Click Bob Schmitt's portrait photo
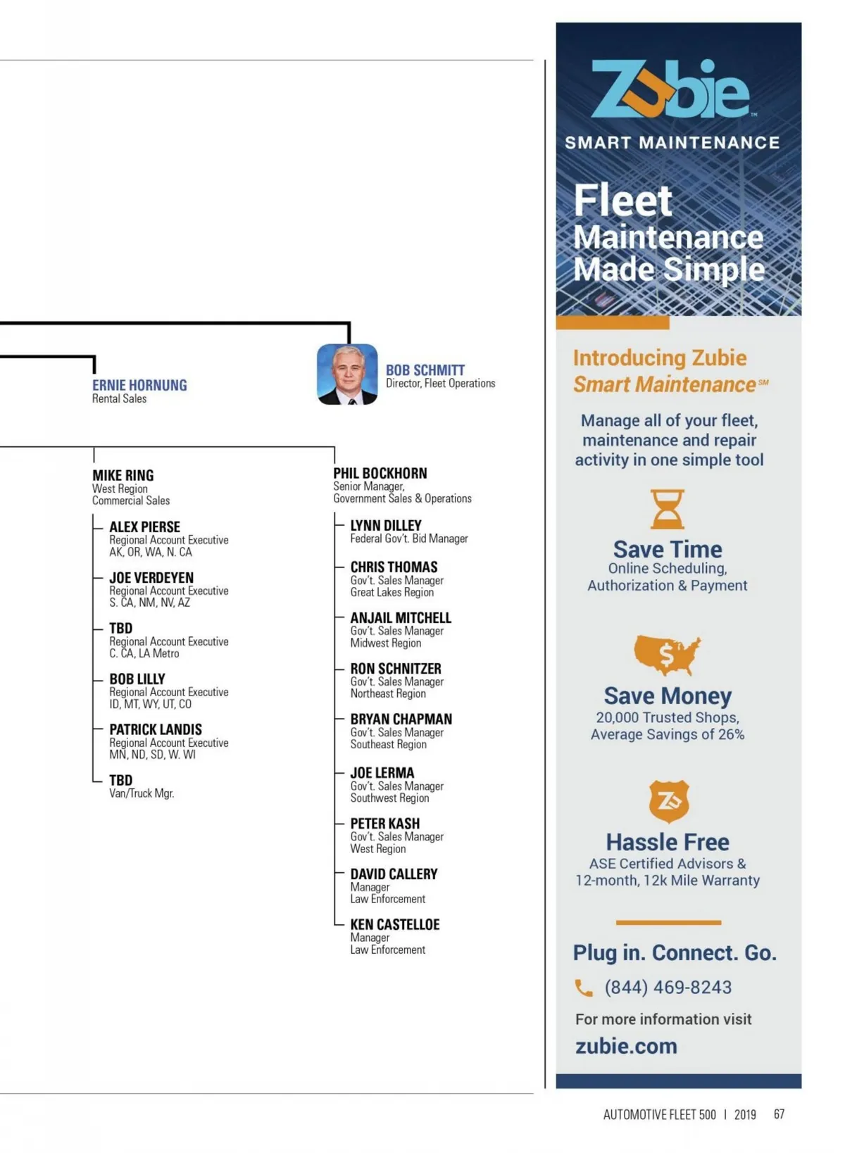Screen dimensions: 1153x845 click(x=347, y=374)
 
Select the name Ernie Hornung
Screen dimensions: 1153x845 click(x=139, y=386)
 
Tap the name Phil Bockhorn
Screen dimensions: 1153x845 click(x=380, y=474)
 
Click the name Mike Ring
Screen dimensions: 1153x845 click(x=123, y=476)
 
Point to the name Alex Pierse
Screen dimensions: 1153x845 click(x=144, y=527)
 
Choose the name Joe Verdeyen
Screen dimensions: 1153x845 click(x=151, y=578)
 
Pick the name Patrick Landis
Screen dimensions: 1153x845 click(x=155, y=730)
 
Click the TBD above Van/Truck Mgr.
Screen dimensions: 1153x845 click(x=120, y=781)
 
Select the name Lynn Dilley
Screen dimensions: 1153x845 click(x=385, y=526)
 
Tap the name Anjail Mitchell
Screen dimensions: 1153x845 click(x=400, y=618)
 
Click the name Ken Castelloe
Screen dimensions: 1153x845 click(x=394, y=925)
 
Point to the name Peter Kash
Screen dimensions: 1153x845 click(x=384, y=824)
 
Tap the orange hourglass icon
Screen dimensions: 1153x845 click(x=667, y=510)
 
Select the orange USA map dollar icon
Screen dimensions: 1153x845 click(x=667, y=655)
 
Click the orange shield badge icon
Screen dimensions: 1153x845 click(x=668, y=802)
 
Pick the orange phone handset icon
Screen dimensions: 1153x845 click(x=584, y=988)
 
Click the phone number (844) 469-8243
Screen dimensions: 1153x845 click(x=668, y=988)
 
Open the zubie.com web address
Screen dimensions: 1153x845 click(x=626, y=1046)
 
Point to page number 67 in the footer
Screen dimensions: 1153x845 click(x=779, y=1114)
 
